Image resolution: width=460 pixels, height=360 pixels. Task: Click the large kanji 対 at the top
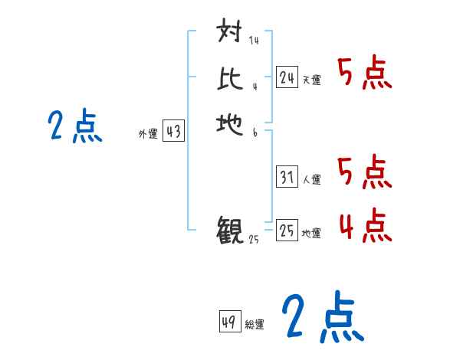click(x=230, y=32)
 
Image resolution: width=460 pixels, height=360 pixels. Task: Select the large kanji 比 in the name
click(x=230, y=77)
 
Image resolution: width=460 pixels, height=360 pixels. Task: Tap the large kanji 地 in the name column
click(x=230, y=122)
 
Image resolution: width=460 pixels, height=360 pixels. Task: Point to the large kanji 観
click(x=230, y=230)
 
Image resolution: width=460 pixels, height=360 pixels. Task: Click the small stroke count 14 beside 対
click(x=253, y=41)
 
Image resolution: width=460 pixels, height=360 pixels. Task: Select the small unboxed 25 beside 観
click(x=254, y=240)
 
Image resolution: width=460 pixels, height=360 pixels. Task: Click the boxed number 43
click(x=172, y=132)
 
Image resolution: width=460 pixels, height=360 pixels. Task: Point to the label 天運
click(x=311, y=80)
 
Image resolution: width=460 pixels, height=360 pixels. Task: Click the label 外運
click(x=147, y=134)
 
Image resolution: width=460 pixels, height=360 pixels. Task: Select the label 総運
click(x=254, y=324)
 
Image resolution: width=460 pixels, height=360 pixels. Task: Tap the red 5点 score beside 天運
click(x=365, y=74)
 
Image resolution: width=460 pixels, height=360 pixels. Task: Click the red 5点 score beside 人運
click(x=365, y=172)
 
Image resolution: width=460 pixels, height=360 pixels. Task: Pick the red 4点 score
click(x=365, y=226)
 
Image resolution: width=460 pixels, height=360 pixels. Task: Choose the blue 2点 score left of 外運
click(x=75, y=126)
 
